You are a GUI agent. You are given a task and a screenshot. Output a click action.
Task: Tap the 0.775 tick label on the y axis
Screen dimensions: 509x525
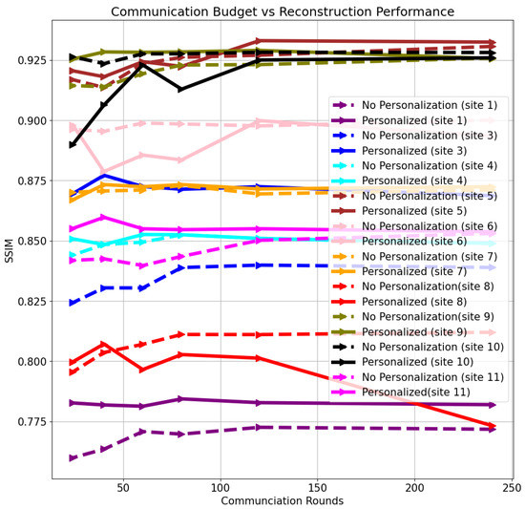click(x=31, y=421)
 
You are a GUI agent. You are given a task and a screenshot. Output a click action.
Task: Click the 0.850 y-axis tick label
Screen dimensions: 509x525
click(x=31, y=241)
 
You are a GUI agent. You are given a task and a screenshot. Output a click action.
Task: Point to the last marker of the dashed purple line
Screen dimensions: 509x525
click(x=493, y=429)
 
